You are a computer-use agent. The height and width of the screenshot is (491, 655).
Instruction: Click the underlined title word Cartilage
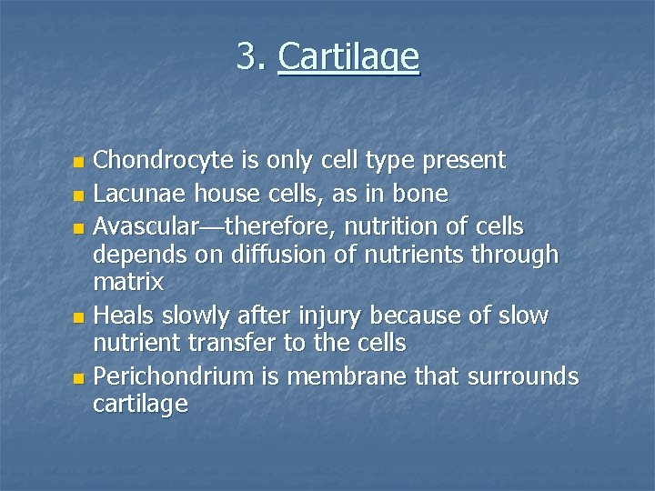(348, 57)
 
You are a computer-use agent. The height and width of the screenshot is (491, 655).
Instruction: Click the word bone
(421, 194)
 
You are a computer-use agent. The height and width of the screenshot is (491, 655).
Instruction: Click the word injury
(325, 316)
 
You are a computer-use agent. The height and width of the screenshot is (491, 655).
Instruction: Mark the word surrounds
(523, 376)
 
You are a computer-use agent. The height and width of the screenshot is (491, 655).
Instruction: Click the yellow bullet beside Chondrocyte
(78, 163)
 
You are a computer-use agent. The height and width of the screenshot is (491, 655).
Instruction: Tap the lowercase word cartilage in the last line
(140, 405)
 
